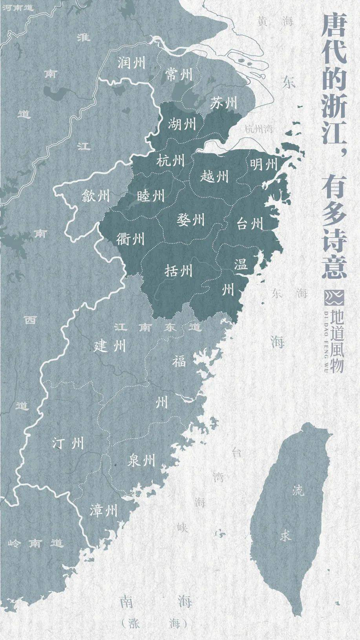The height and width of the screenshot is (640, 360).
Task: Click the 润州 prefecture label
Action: tap(131, 64)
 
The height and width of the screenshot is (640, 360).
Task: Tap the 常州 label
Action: tap(178, 75)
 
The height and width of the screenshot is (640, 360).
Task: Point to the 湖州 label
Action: tap(182, 124)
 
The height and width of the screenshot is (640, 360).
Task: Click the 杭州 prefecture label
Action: tap(170, 161)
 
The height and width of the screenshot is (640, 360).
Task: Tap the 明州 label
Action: tap(264, 165)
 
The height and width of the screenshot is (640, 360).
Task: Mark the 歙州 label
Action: tap(96, 195)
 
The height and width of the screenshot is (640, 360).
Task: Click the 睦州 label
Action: tap(151, 195)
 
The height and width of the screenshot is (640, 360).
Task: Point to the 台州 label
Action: tap(250, 224)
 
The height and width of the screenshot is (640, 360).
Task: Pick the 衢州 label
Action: tap(130, 239)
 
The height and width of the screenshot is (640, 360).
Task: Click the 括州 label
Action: tap(178, 271)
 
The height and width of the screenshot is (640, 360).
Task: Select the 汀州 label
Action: tap(68, 443)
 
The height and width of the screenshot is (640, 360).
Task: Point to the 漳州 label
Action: tap(103, 511)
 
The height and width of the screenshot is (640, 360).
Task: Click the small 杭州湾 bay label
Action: tap(259, 129)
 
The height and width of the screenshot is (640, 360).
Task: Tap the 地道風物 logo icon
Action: tap(333, 297)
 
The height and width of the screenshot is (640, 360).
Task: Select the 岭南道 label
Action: tap(35, 543)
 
